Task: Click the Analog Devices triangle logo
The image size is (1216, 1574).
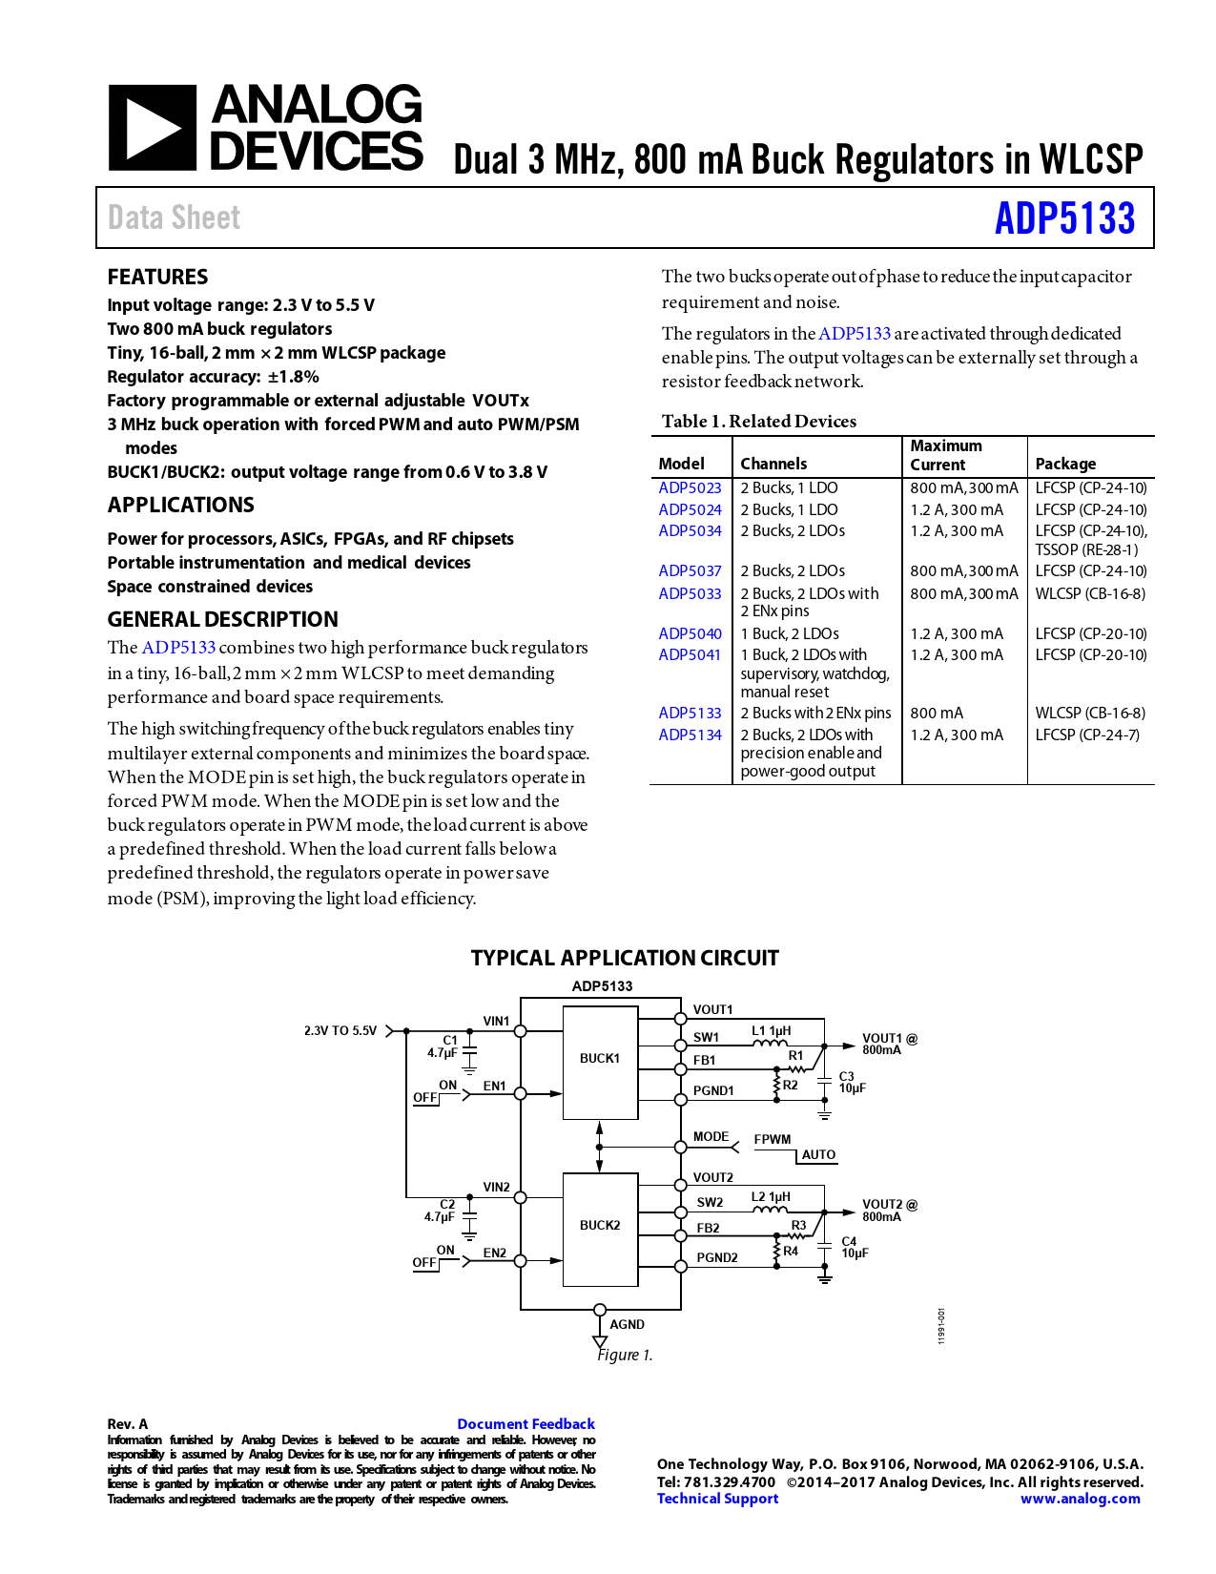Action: [x=153, y=128]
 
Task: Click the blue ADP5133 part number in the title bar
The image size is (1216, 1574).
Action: [x=1064, y=218]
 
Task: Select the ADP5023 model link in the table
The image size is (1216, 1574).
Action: [x=690, y=487]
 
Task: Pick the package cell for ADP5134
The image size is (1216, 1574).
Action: [x=1087, y=735]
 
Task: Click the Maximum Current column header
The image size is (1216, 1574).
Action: [x=945, y=455]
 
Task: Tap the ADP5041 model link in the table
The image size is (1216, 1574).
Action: [x=690, y=654]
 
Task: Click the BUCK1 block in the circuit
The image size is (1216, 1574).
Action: [x=600, y=1058]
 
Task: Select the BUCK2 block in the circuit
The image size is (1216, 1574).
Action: [x=600, y=1225]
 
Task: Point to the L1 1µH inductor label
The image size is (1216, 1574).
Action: [x=771, y=1030]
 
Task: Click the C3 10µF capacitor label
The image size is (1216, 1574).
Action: [x=852, y=1082]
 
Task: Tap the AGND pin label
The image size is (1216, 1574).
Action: [x=627, y=1324]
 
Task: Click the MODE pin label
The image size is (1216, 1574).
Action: [x=711, y=1136]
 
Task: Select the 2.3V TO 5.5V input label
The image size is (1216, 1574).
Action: [x=340, y=1031]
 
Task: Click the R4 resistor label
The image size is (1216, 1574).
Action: [x=791, y=1251]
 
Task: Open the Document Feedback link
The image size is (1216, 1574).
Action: [x=526, y=1423]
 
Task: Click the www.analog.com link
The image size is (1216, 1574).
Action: [x=1080, y=1499]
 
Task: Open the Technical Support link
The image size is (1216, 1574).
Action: [x=717, y=1499]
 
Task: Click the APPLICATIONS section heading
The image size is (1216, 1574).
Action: [x=181, y=505]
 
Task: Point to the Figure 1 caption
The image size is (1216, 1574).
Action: [x=625, y=1355]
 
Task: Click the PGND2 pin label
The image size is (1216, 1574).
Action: [x=716, y=1257]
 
